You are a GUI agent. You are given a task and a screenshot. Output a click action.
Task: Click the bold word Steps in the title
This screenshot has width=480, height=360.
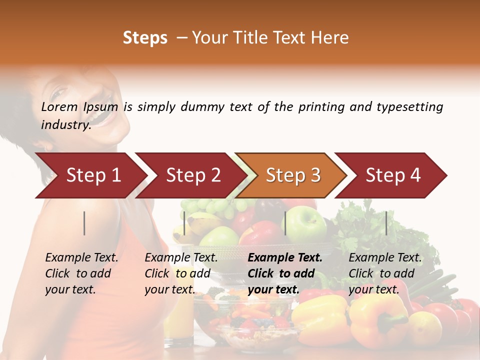pos(145,38)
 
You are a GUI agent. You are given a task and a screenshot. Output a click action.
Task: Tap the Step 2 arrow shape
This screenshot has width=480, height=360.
pos(193,175)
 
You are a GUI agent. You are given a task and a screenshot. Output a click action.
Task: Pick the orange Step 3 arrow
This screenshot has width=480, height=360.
pos(293,175)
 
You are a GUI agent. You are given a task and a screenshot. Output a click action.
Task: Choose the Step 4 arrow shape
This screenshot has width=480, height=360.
pos(393,175)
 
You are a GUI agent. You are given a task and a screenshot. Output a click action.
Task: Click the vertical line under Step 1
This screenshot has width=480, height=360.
pos(84,223)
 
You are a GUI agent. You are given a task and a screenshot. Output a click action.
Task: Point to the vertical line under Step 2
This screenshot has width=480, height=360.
pos(184,223)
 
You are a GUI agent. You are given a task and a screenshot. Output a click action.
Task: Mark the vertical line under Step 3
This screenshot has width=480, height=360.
pos(285,223)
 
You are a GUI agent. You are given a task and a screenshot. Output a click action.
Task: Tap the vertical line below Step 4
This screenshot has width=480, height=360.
pos(386,223)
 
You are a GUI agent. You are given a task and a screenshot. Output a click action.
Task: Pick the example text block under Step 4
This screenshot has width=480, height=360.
pos(385,273)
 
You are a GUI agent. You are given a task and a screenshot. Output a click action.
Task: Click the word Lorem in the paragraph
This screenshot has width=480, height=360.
pos(59,107)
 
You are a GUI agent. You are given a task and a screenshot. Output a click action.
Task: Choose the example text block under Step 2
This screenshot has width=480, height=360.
pos(181,273)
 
